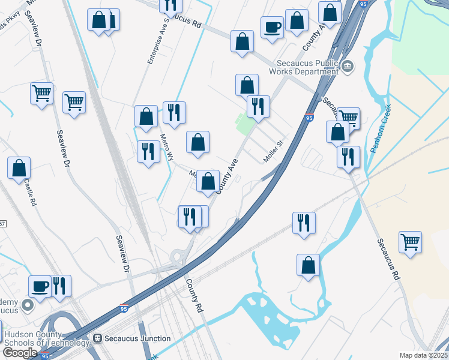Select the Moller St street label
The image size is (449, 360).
(272, 152)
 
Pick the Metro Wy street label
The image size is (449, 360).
(166, 148)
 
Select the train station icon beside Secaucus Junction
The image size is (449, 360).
(99, 338)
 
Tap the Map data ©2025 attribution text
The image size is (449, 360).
(423, 355)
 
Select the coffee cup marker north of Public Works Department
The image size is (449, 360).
(272, 26)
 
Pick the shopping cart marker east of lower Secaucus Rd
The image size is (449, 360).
(410, 241)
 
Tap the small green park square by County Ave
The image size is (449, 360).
(244, 125)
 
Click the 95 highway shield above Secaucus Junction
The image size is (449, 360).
(124, 308)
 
